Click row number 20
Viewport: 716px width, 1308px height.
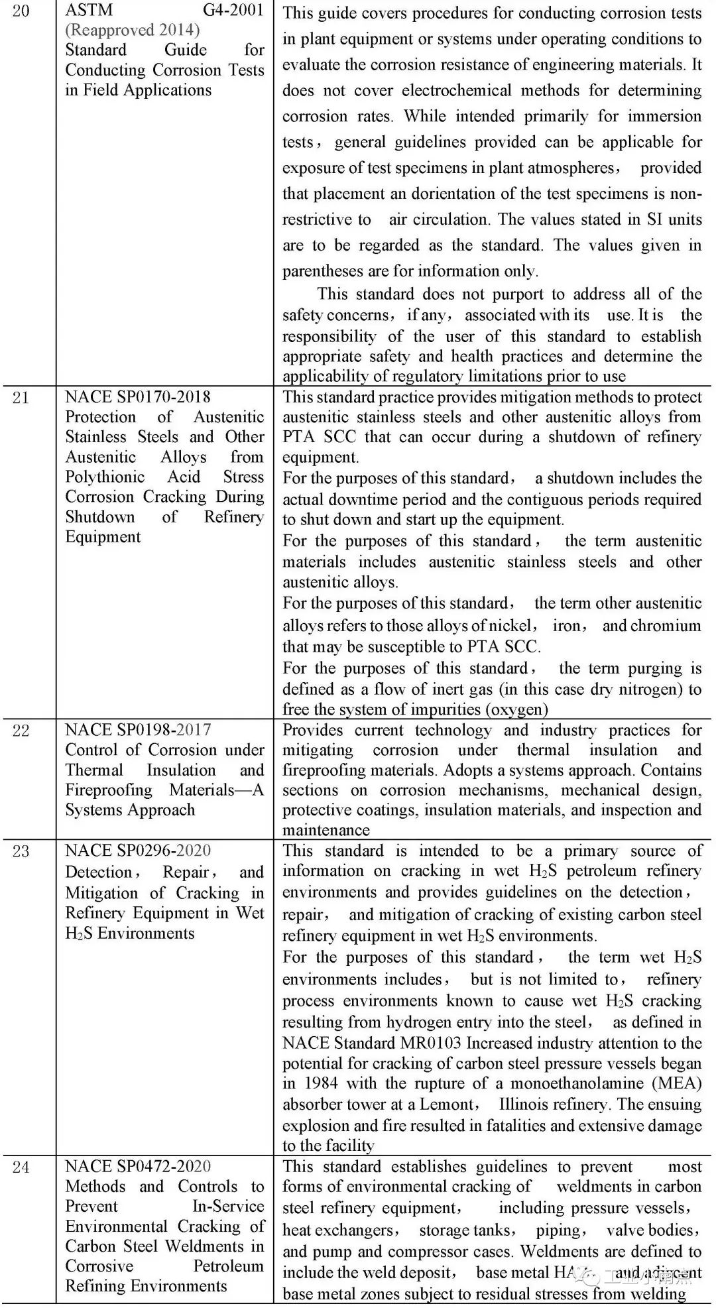(21, 11)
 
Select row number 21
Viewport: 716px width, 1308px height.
(21, 398)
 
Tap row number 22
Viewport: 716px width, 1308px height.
(21, 731)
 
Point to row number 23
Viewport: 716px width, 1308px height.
(21, 851)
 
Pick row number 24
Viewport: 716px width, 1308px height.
(21, 1167)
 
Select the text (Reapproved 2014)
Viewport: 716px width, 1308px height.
(132, 30)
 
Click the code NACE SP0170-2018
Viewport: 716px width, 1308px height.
(138, 397)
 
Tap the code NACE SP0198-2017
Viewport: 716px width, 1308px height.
(138, 730)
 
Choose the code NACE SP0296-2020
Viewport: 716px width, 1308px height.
(138, 851)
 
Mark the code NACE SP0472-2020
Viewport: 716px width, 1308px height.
(138, 1166)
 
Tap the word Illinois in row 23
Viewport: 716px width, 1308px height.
(528, 1104)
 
